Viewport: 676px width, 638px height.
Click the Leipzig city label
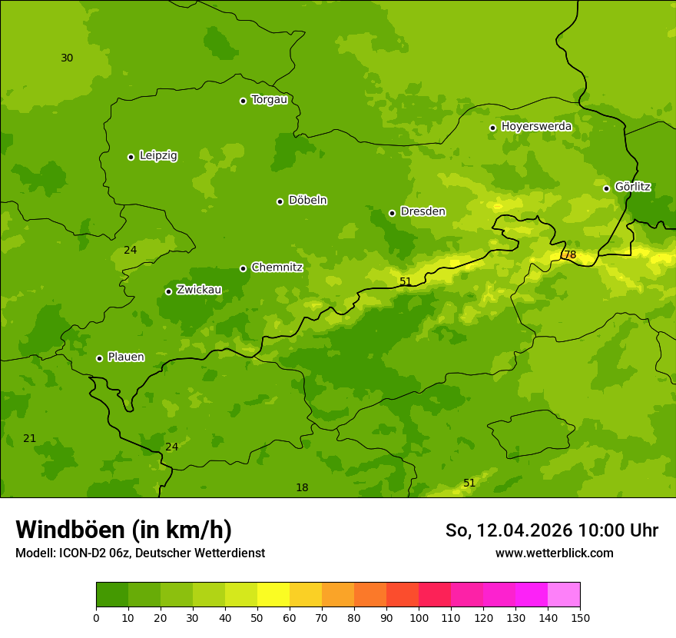[x=158, y=156]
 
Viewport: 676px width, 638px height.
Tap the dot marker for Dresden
[x=392, y=213]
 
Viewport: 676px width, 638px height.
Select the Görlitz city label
[x=633, y=187]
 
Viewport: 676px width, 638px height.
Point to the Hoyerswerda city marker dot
[x=492, y=128]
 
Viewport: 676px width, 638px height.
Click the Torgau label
[x=269, y=100]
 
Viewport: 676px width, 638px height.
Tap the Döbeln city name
[x=307, y=201]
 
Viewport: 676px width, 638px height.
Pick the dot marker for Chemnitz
[x=243, y=268]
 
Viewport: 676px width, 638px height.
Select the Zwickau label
[x=199, y=290]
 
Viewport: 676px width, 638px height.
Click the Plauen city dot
[x=99, y=358]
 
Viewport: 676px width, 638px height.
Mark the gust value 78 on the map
[x=569, y=255]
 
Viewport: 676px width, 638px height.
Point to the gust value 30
[x=67, y=58]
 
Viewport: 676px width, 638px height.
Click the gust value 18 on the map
[x=302, y=488]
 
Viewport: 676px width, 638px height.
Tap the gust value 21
[x=29, y=439]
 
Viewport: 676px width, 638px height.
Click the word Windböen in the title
[x=69, y=530]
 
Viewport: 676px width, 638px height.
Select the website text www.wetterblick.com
[x=554, y=553]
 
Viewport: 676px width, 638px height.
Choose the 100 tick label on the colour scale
[x=419, y=617]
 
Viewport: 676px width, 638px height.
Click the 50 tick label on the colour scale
[x=257, y=617]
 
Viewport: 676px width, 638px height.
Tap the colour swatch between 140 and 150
[x=564, y=595]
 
